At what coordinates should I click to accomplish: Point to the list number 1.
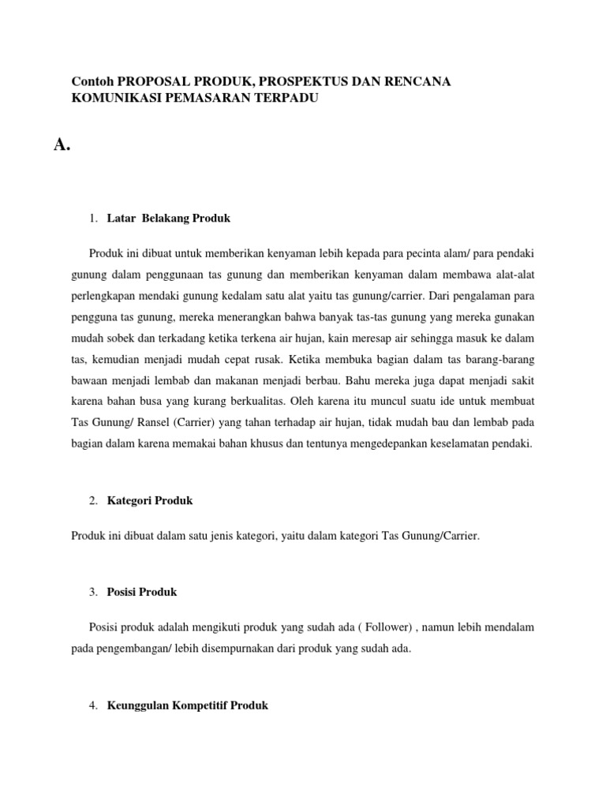point(92,218)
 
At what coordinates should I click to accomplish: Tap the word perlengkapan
point(99,296)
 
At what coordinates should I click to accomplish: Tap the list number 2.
point(92,500)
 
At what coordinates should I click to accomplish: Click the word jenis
point(223,536)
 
